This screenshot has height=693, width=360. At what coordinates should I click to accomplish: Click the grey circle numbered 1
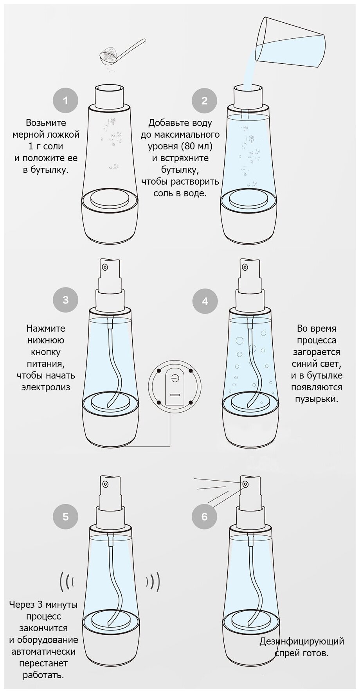coord(65,101)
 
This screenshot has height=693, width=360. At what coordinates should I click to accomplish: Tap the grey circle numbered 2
coord(204,101)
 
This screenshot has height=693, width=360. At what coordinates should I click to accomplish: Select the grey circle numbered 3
coord(65,300)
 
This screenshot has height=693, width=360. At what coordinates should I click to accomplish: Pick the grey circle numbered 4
coord(204,302)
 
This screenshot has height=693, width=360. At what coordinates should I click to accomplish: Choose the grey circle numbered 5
coord(65,516)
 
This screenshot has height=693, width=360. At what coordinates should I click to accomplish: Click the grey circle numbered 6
coord(204,516)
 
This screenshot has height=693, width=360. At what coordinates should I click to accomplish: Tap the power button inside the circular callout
coord(175,378)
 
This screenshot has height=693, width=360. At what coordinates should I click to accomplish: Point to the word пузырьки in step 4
coord(317,399)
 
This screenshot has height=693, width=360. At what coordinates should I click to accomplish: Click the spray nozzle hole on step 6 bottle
coord(245,485)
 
